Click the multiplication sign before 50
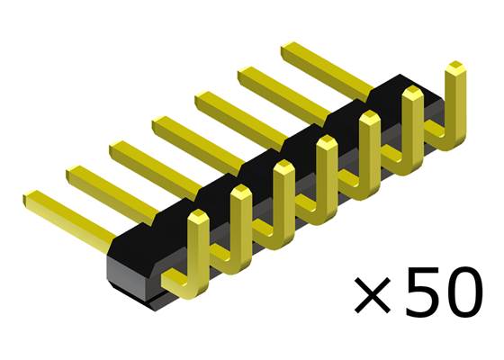click(x=374, y=295)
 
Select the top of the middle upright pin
click(x=327, y=142)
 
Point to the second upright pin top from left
click(x=240, y=192)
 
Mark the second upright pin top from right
click(x=413, y=93)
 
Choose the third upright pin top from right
click(x=370, y=117)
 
